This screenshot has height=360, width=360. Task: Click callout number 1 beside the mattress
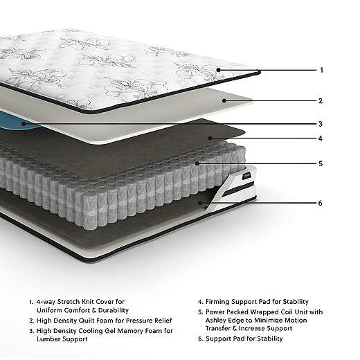pos(321,70)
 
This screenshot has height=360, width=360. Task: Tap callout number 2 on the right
pos(321,101)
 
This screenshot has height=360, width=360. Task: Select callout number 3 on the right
pos(321,124)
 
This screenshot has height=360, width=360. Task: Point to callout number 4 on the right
pos(321,138)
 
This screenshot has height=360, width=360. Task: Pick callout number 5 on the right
pos(321,163)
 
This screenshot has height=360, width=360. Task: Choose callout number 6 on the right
pos(320,203)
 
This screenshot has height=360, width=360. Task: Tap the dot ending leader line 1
pos(219,70)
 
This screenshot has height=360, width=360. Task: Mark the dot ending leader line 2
pos(224,100)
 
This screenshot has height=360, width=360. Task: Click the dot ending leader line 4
pos(210,138)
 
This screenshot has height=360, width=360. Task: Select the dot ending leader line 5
pos(197,163)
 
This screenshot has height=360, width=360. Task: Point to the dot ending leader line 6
pos(200,203)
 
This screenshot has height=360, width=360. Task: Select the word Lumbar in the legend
pos(48,339)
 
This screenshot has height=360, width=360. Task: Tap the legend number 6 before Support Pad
pos(200,339)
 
